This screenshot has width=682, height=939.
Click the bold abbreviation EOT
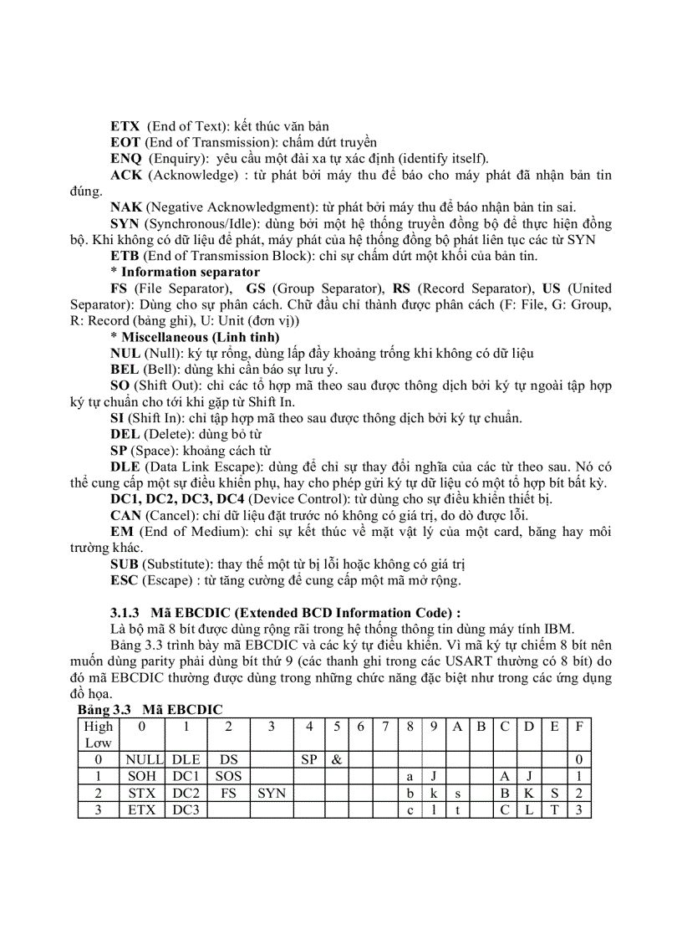(125, 143)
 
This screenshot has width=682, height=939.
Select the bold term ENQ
(126, 159)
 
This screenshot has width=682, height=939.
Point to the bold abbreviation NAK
(126, 207)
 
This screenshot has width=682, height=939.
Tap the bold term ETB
(125, 256)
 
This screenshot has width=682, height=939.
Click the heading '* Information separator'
(185, 272)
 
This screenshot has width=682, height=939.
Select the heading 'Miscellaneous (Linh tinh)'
(201, 337)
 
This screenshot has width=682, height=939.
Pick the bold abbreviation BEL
(125, 370)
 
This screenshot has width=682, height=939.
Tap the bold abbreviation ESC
(125, 581)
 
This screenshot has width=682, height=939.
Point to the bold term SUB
(125, 564)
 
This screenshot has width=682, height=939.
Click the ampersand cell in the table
(335, 760)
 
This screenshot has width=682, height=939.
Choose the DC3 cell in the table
(186, 809)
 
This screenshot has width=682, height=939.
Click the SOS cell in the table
(228, 777)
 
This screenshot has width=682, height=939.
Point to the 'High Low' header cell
(99, 734)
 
